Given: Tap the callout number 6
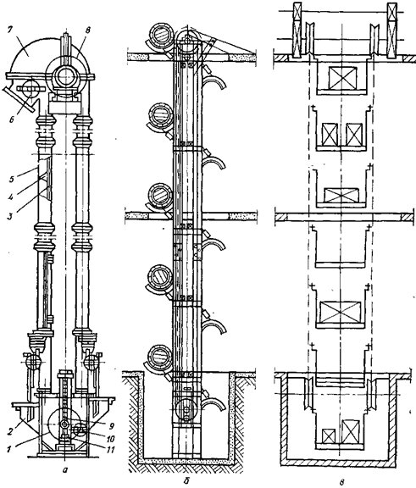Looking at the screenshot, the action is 11,119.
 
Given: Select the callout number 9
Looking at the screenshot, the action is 111,426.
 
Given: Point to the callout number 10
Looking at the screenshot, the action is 110,439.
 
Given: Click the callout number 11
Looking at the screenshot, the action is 110,450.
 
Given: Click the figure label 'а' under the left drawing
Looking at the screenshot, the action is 64,470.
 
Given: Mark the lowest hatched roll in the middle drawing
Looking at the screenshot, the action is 161,356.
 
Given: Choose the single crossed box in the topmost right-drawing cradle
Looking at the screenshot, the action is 342,78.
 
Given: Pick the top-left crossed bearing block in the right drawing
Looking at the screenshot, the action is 297,30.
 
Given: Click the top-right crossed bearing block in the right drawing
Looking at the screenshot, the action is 391,30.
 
